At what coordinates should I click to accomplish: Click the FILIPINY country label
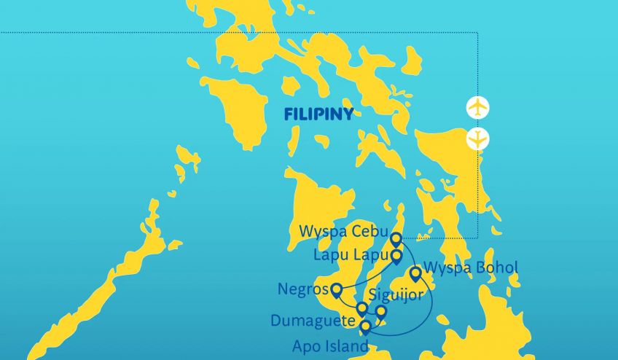point(318,114)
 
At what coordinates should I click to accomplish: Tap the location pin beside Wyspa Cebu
point(396,239)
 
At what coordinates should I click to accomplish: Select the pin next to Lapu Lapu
point(396,257)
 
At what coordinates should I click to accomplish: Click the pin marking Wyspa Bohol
point(415,274)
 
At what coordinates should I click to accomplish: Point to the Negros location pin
point(337,290)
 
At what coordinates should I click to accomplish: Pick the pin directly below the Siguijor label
point(380,312)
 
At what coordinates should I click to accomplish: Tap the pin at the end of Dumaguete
point(361,308)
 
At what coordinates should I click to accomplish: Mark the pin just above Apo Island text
point(365,326)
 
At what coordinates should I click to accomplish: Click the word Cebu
point(370,232)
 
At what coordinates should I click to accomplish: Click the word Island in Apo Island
point(344,346)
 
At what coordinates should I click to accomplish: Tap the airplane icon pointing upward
point(477,108)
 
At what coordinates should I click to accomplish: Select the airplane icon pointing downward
point(477,138)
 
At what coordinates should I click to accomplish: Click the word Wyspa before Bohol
point(447,268)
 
